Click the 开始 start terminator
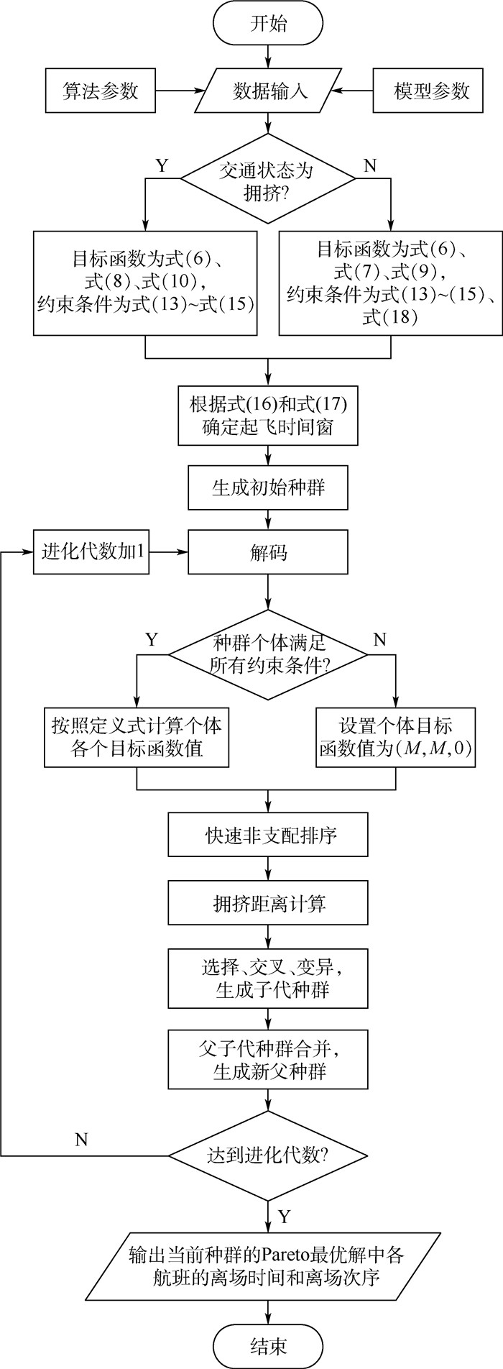pyautogui.click(x=268, y=24)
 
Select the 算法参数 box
pyautogui.click(x=100, y=91)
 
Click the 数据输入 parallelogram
pyautogui.click(x=269, y=91)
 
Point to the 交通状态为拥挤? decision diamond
pyautogui.click(x=267, y=180)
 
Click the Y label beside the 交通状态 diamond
pyautogui.click(x=162, y=166)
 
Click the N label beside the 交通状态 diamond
pyautogui.click(x=371, y=166)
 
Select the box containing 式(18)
pyautogui.click(x=390, y=283)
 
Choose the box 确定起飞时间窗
pyautogui.click(x=268, y=415)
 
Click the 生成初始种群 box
pyautogui.click(x=268, y=487)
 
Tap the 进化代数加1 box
pyautogui.click(x=91, y=552)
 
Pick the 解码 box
pyautogui.click(x=268, y=552)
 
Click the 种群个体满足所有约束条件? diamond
pyautogui.click(x=268, y=654)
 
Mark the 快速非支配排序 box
pyautogui.click(x=268, y=836)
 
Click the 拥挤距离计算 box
pyautogui.click(x=268, y=904)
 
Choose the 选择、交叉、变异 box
pyautogui.click(x=268, y=978)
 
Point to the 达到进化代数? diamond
pyautogui.click(x=268, y=1156)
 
